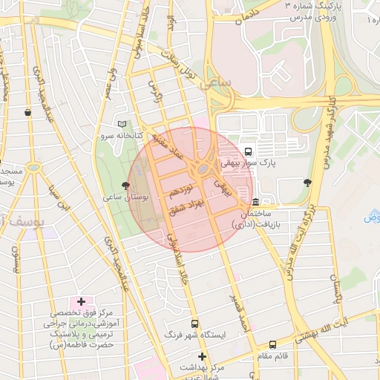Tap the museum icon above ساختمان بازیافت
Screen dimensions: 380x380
click(x=256, y=202)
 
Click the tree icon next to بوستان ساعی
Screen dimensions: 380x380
click(x=125, y=186)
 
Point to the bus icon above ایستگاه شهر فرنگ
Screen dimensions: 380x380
click(x=194, y=324)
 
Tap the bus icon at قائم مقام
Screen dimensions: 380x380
click(x=273, y=344)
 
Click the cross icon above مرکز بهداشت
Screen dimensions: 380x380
click(x=201, y=357)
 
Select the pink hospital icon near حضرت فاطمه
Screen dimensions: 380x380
click(x=81, y=302)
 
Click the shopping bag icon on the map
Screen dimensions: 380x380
click(x=27, y=112)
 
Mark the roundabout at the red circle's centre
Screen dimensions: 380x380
click(x=202, y=171)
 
